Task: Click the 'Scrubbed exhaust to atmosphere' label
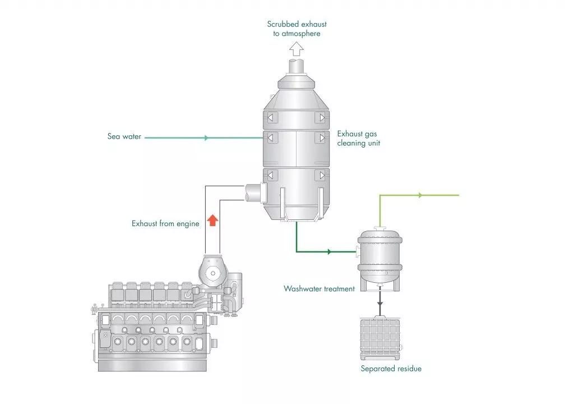click(x=296, y=29)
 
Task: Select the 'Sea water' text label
click(x=124, y=136)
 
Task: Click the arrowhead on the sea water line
click(x=207, y=137)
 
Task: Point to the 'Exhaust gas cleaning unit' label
click(x=359, y=139)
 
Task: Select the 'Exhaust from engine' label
click(x=165, y=223)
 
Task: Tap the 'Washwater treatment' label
click(x=319, y=289)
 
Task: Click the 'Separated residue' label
click(x=391, y=369)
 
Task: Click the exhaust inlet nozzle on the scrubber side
click(x=253, y=192)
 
